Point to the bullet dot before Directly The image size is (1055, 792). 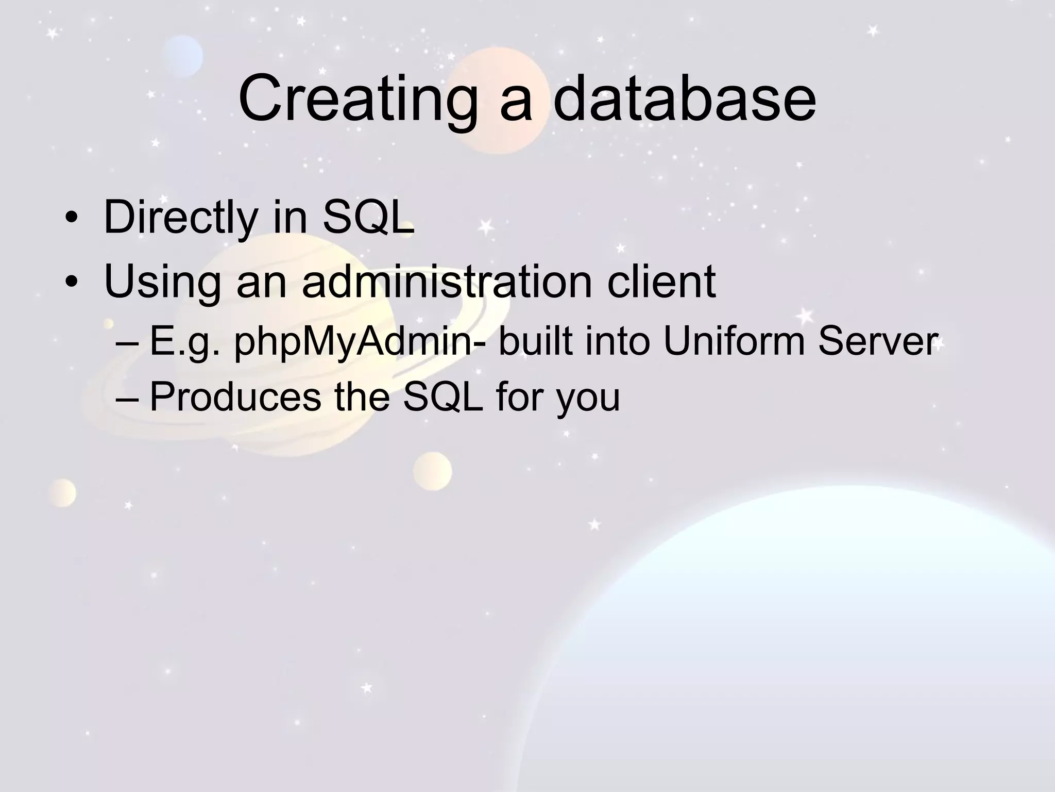[72, 219]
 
